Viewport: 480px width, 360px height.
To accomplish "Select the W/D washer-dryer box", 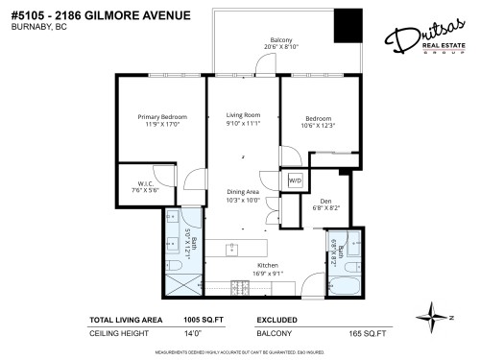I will coord(295,180).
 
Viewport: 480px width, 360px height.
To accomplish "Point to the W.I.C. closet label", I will coord(135,185).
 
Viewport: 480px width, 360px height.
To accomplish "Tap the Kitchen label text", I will coord(267,265).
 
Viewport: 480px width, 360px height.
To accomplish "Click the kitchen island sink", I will coord(233,251).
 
